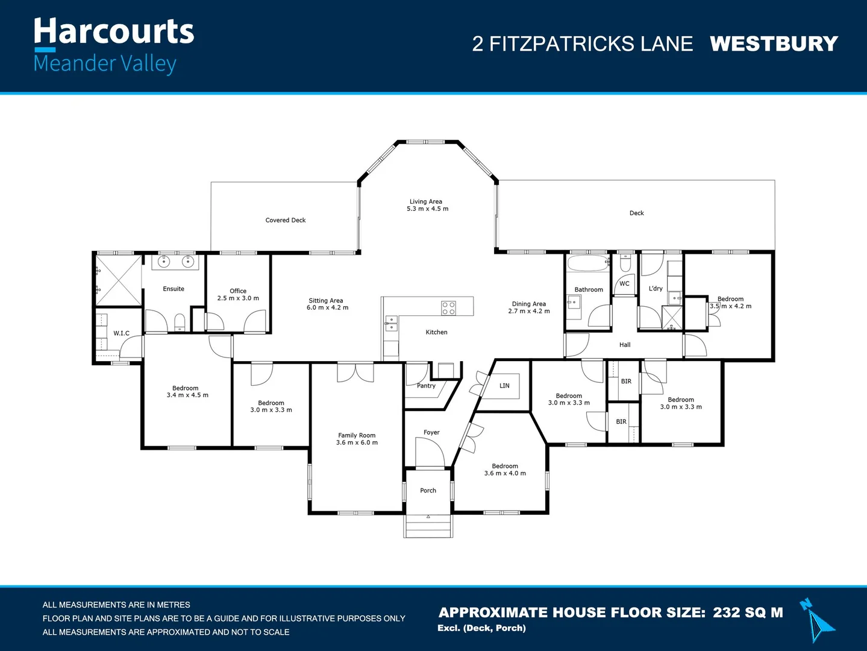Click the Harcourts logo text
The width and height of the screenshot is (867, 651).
pos(114,31)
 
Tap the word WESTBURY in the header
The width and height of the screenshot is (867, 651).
pos(774,44)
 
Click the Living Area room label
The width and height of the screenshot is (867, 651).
pos(426,201)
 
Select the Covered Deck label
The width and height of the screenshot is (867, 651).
pos(286,220)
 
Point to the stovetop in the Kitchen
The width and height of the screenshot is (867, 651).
pos(448,308)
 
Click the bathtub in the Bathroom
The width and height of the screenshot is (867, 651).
pos(588,263)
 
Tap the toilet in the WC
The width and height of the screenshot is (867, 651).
pos(625,263)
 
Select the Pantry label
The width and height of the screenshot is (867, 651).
pos(426,386)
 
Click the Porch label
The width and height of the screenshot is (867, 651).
pos(428,491)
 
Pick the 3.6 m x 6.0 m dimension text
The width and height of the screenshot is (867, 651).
pos(357,443)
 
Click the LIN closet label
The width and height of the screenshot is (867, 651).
pos(504,386)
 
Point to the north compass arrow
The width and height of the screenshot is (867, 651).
pos(816,621)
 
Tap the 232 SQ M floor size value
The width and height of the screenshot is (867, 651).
pos(748,612)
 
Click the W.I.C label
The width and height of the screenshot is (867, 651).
pos(121,333)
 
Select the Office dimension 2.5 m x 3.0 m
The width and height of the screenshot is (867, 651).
pos(238,298)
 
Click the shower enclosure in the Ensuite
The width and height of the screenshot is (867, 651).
pos(119,280)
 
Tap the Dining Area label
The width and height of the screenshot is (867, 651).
pos(529,304)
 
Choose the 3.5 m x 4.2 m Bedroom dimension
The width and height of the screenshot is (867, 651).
pos(731,306)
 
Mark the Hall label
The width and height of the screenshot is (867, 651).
pos(625,345)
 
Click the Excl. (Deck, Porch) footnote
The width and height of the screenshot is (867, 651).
pos(481,628)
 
